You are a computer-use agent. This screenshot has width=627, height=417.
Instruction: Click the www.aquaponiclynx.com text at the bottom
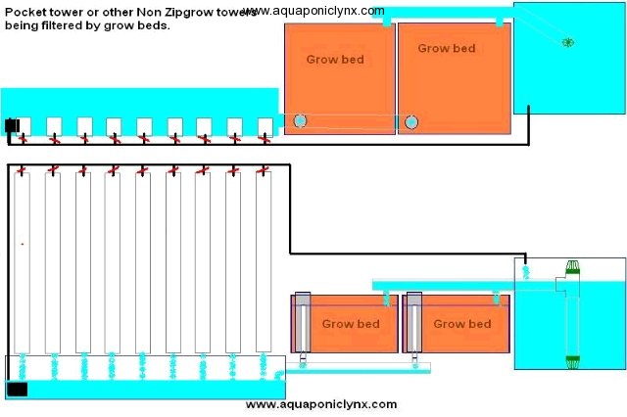coord(321,403)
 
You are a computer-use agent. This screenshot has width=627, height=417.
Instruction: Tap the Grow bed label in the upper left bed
coord(336,59)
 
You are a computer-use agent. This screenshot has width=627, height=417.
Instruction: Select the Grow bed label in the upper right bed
coord(447,48)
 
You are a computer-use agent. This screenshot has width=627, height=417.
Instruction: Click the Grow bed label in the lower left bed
coord(351,323)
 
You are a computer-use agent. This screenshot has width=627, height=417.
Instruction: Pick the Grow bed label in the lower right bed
coord(462,323)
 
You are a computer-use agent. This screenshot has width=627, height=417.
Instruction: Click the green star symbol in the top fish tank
coord(567,41)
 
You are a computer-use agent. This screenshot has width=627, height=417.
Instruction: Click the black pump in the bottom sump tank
coord(17,389)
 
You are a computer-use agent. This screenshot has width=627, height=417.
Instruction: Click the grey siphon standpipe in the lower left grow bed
coord(303,324)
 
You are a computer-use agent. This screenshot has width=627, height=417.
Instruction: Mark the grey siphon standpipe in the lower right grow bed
coord(414,324)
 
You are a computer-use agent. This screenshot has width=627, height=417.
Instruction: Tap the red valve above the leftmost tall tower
coord(23,169)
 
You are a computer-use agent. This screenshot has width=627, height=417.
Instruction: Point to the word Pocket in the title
coord(23,9)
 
